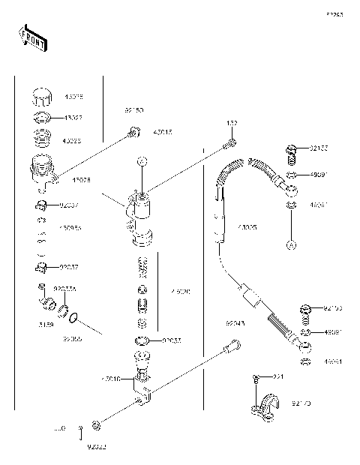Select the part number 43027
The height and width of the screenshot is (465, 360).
click(x=73, y=117)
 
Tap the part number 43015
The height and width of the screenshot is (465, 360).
click(x=162, y=133)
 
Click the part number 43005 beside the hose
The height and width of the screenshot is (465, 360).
click(x=247, y=226)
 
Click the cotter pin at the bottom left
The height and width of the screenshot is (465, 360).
click(x=79, y=429)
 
